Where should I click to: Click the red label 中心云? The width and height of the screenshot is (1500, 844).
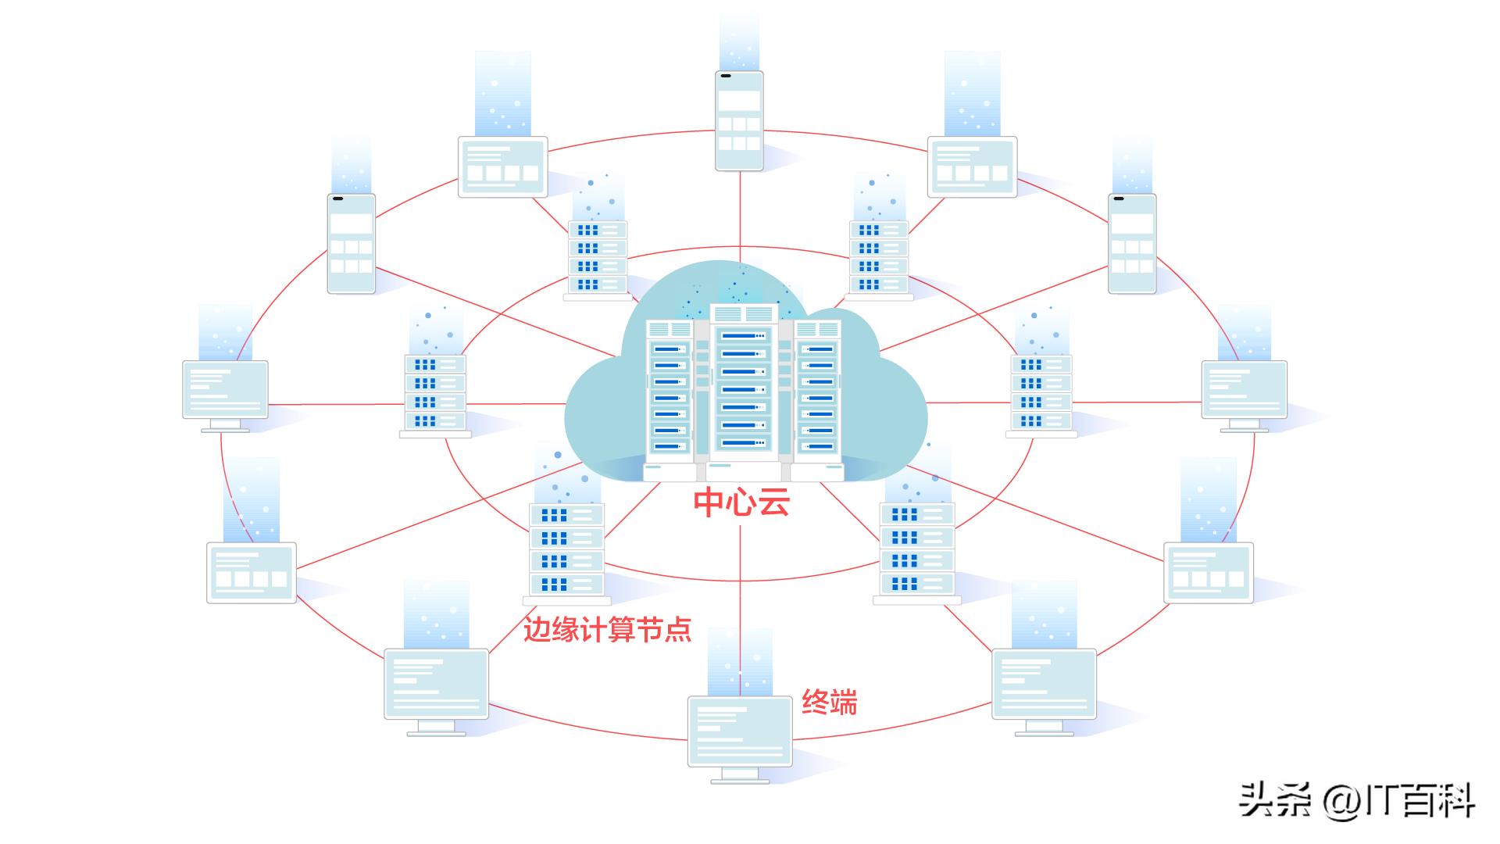tap(741, 502)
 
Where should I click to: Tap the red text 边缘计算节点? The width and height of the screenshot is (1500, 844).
tap(607, 629)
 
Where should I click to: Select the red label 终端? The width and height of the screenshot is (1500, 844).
tap(829, 703)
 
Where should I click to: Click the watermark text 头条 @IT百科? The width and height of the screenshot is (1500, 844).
tap(1355, 801)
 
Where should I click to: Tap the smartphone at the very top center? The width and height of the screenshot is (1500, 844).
tap(739, 121)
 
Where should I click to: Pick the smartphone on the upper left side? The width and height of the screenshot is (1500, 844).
tap(351, 244)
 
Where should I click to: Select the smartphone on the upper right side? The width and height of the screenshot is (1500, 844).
tap(1131, 244)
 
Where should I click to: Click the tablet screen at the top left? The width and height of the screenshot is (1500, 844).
tap(502, 166)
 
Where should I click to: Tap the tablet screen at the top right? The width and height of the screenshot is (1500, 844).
tap(972, 166)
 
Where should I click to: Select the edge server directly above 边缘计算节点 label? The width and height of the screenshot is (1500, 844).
tap(566, 549)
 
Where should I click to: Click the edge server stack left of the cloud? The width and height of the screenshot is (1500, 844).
tap(435, 393)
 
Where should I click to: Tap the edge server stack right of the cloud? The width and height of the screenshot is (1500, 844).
tap(1041, 393)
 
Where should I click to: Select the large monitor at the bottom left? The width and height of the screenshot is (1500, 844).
tap(436, 685)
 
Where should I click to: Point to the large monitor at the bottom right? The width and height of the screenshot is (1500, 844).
tap(1044, 685)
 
